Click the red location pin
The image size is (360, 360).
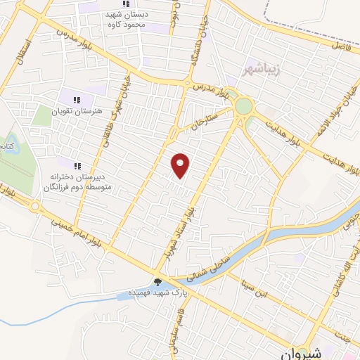pos(181,165)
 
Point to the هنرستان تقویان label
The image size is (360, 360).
pos(77,112)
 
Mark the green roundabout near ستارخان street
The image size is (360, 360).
pos(244,106)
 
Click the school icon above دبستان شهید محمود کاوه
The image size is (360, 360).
pos(126,4)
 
